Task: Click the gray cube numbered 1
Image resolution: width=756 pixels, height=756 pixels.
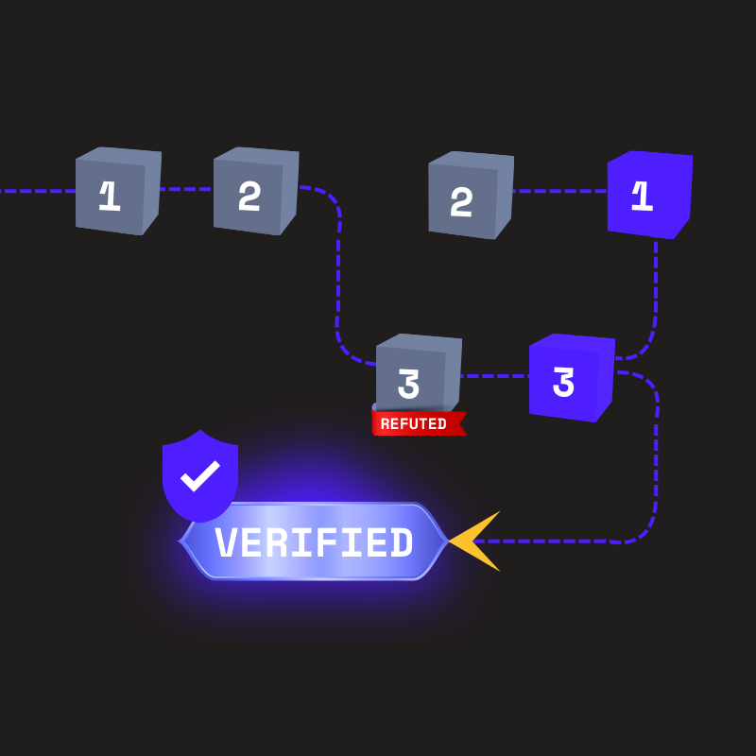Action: tap(117, 191)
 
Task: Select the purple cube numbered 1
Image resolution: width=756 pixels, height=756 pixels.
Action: tap(649, 195)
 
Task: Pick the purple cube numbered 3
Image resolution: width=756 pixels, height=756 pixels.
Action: tap(571, 378)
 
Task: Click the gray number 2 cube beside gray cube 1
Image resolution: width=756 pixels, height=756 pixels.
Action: tap(255, 191)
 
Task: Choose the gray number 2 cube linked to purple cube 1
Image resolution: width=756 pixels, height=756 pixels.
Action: tap(470, 196)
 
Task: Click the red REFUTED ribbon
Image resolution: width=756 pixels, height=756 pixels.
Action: tap(418, 423)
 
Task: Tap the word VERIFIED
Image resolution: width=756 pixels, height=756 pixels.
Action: tap(314, 543)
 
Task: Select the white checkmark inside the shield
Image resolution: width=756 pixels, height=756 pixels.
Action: tap(200, 475)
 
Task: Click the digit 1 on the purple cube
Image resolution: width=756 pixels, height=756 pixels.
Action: tap(643, 197)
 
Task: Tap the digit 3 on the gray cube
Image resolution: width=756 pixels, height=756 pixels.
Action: tap(408, 384)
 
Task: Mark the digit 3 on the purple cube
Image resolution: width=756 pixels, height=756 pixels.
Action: tap(563, 383)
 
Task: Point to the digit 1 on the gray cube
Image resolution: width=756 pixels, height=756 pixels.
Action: tap(110, 196)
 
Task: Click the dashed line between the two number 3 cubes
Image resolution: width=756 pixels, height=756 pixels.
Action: tap(494, 376)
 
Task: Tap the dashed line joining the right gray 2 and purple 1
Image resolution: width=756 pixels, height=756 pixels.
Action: tap(559, 191)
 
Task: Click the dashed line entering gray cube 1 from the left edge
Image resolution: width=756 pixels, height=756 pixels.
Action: tap(38, 191)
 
